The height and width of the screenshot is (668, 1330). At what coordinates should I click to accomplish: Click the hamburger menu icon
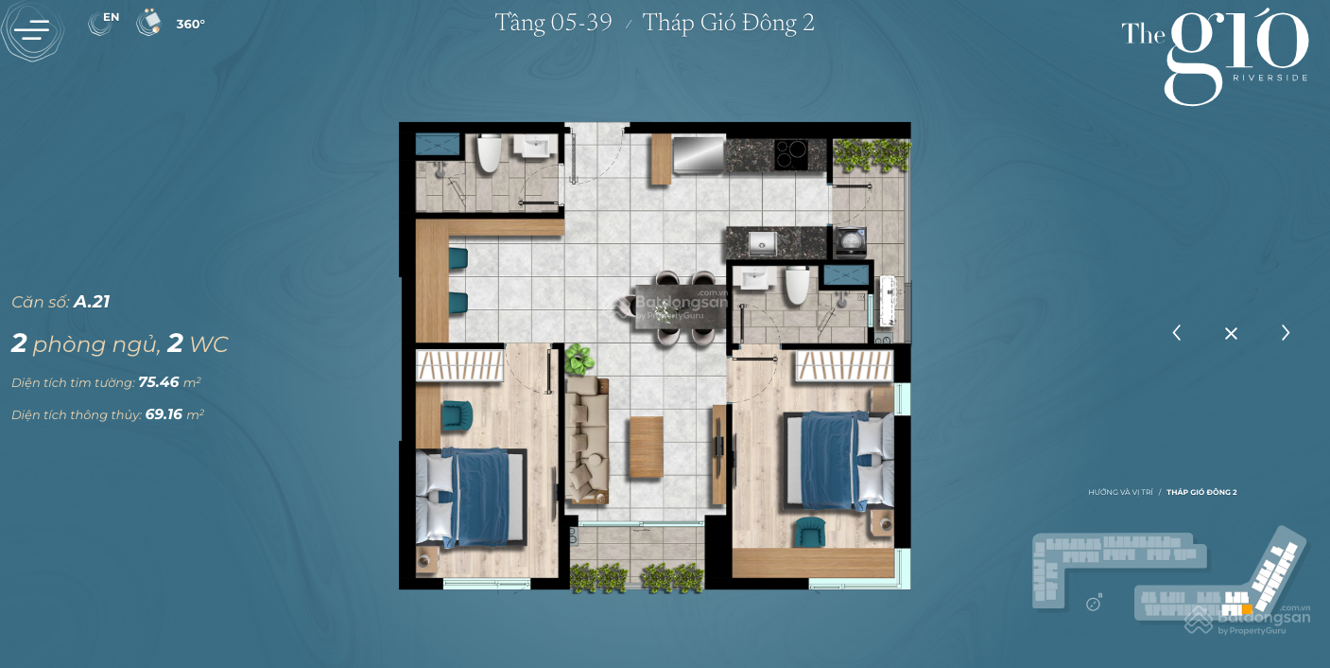click(x=32, y=30)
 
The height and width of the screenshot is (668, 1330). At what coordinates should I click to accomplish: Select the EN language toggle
click(x=104, y=22)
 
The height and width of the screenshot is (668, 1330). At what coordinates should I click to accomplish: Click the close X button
click(x=1231, y=333)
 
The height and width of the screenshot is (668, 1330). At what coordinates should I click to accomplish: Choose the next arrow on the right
click(x=1286, y=333)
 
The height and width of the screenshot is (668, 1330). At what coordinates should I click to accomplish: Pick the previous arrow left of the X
click(x=1177, y=333)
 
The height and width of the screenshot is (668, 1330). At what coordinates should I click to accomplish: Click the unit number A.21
click(x=92, y=302)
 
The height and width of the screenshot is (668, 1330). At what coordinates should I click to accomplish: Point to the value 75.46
click(x=159, y=382)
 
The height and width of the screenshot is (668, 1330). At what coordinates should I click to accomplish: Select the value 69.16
click(x=164, y=414)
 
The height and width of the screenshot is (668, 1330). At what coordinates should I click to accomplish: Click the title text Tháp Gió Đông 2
click(x=728, y=23)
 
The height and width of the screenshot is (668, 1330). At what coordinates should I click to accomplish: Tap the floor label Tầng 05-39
click(x=553, y=23)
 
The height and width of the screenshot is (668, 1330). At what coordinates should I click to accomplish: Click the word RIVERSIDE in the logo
click(x=1270, y=78)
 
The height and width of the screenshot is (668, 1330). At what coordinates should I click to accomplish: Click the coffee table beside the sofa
click(x=647, y=447)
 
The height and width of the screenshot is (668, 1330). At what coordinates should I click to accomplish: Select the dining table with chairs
click(x=680, y=307)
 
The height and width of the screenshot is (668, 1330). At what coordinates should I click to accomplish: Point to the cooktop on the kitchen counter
click(x=790, y=153)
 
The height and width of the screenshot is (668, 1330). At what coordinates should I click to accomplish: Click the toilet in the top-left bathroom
click(x=489, y=154)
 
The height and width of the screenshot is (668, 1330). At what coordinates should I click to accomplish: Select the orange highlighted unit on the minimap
click(x=1247, y=609)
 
